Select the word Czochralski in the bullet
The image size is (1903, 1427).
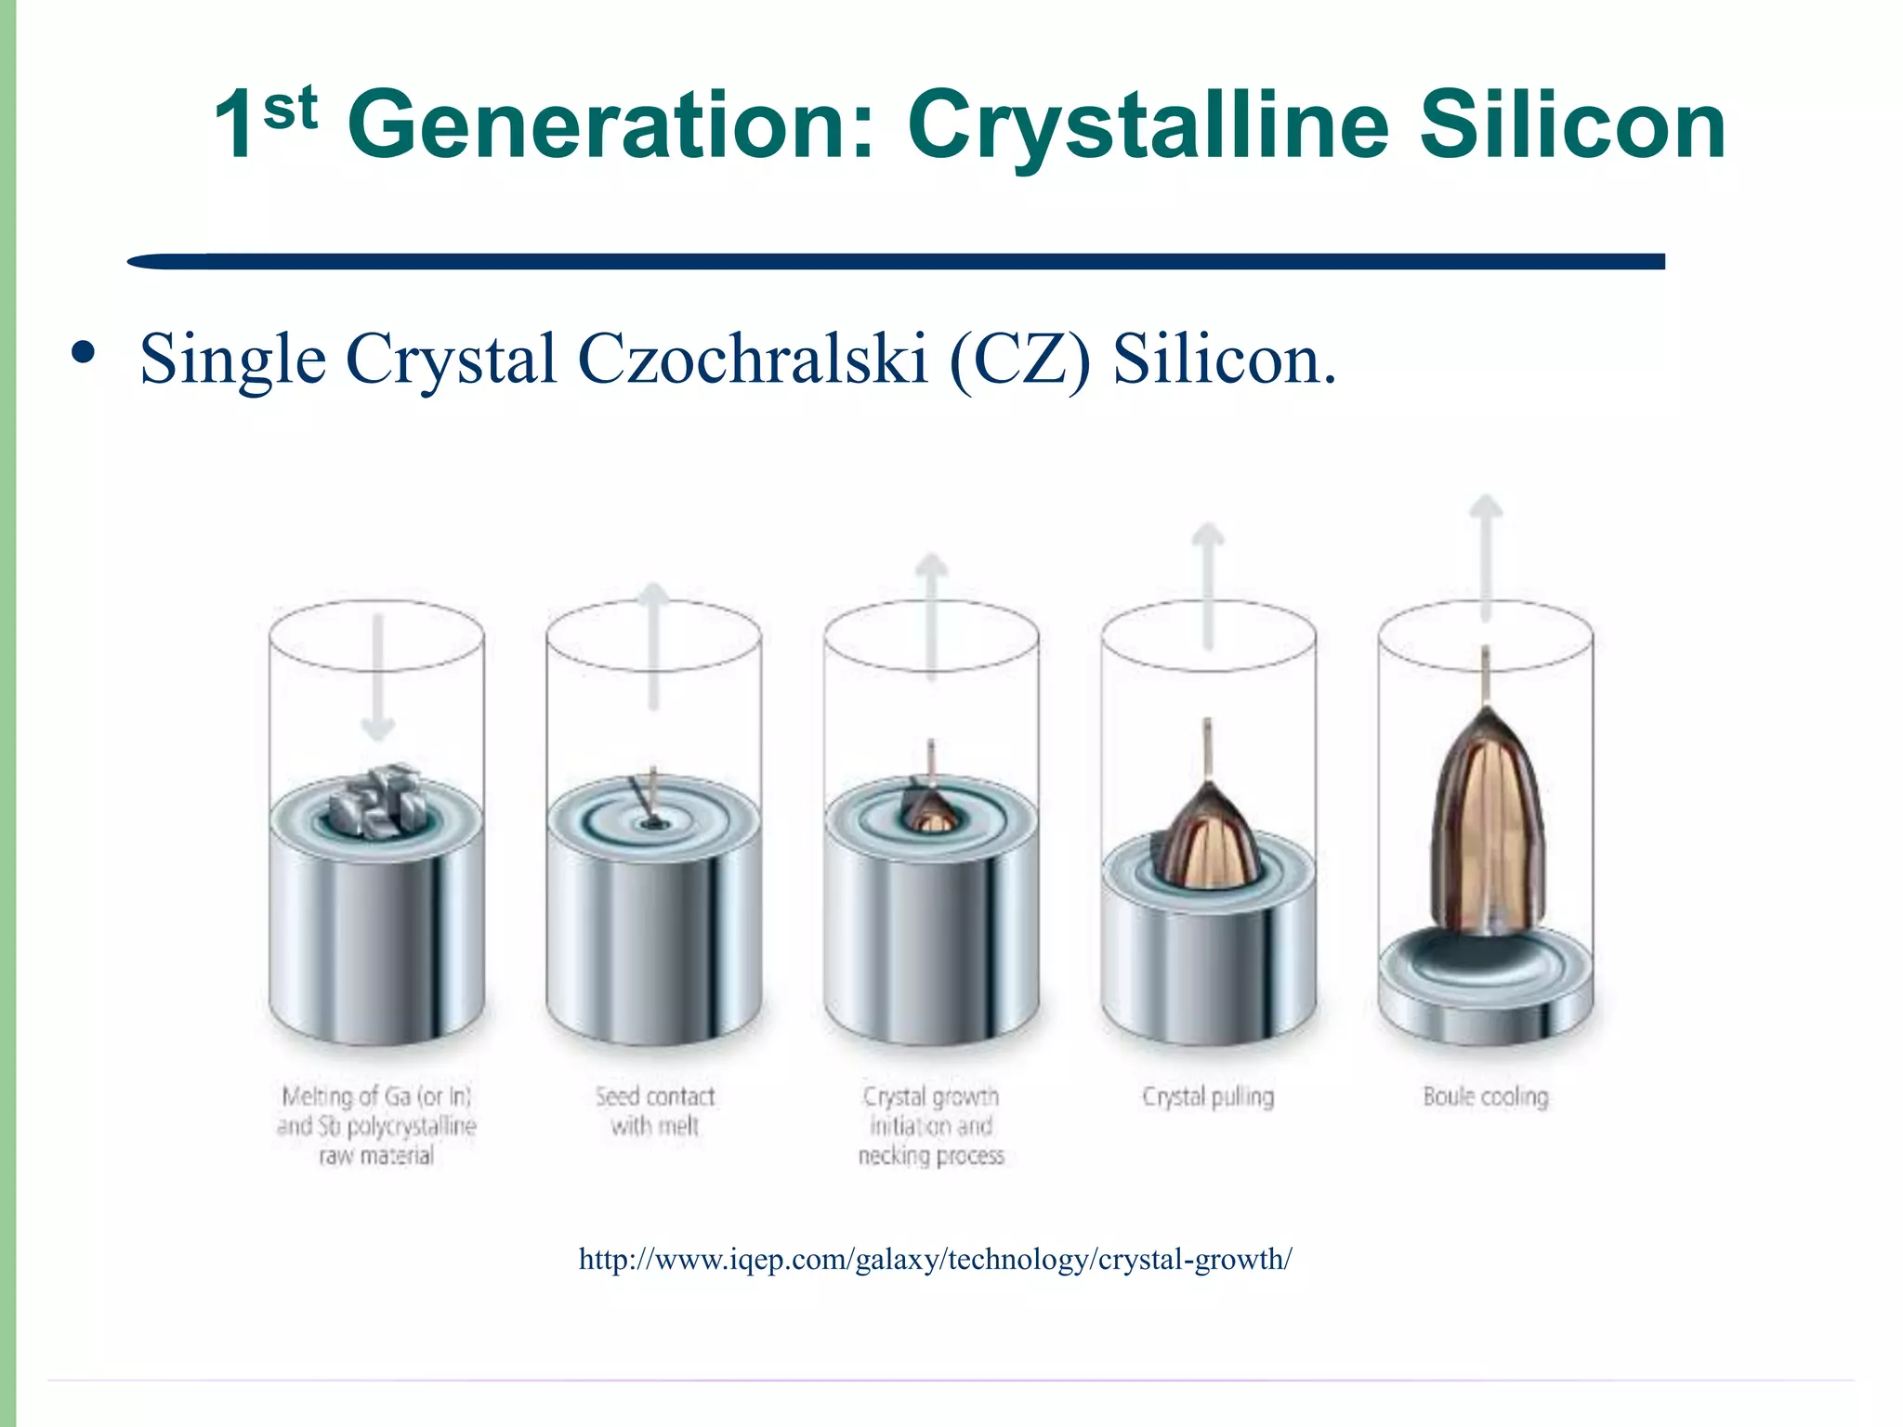tap(753, 359)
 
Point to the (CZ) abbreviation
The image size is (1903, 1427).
tap(1020, 359)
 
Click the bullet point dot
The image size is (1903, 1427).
tap(84, 353)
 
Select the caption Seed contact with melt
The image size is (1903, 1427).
tap(655, 1111)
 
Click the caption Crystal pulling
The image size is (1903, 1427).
tap(1208, 1097)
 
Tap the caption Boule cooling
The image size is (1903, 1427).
tap(1486, 1097)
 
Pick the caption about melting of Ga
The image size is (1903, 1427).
tap(376, 1126)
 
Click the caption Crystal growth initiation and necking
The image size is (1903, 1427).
tap(931, 1126)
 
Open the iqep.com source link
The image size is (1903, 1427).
tap(935, 1260)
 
